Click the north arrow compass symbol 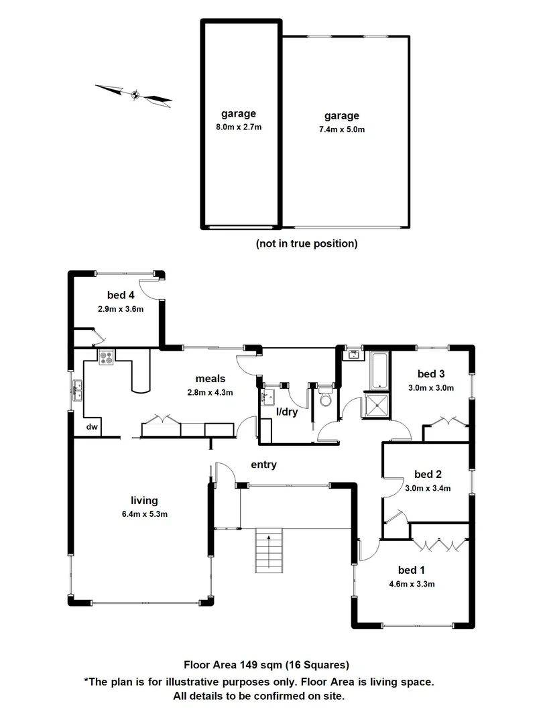(x=134, y=95)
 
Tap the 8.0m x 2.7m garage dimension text (x=239, y=126)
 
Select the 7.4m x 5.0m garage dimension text (x=342, y=129)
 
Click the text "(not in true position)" (x=306, y=244)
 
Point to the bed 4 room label (x=121, y=295)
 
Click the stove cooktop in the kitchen (x=107, y=359)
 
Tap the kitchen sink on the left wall (x=78, y=389)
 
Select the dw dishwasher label (x=93, y=427)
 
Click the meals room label (x=210, y=379)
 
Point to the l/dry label (x=287, y=412)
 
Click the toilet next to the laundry (x=326, y=400)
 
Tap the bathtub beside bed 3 (x=378, y=369)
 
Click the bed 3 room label (x=431, y=374)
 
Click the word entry (x=263, y=465)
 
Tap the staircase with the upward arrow (x=269, y=550)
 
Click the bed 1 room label (x=412, y=570)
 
